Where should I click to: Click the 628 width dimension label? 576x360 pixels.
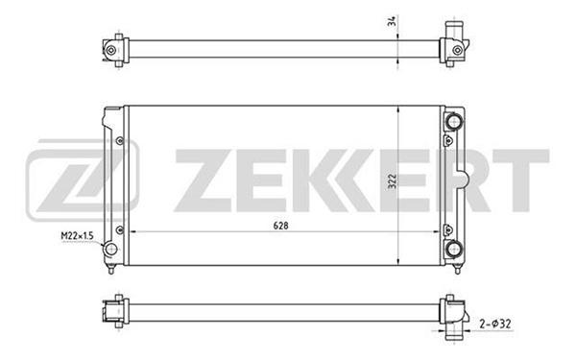pyautogui.click(x=280, y=226)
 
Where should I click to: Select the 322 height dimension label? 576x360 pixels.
pyautogui.click(x=393, y=181)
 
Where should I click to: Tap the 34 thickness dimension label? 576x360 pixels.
pyautogui.click(x=393, y=21)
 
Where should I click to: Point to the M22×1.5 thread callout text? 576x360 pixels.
pyautogui.click(x=77, y=235)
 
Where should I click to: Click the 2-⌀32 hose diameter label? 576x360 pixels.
pyautogui.click(x=495, y=324)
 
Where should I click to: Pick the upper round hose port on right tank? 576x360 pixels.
pyautogui.click(x=454, y=122)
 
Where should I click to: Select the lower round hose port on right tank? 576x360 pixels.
pyautogui.click(x=454, y=249)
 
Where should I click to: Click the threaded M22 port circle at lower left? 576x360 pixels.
pyautogui.click(x=110, y=249)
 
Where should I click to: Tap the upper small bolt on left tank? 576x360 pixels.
pyautogui.click(x=119, y=141)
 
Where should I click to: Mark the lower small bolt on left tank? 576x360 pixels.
pyautogui.click(x=119, y=230)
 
